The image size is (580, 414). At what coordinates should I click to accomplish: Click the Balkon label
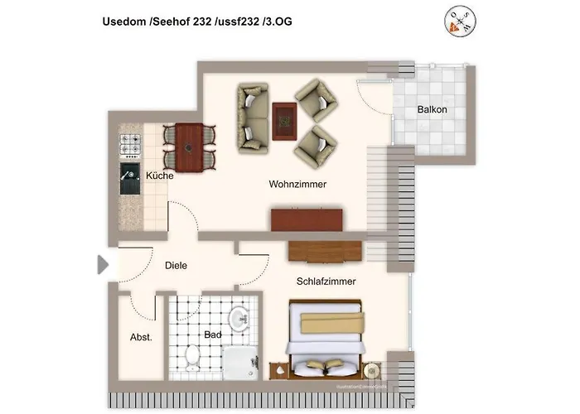432,109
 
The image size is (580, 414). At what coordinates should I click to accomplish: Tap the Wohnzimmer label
297,184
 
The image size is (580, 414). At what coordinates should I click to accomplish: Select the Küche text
159,176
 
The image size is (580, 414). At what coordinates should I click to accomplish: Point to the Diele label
176,266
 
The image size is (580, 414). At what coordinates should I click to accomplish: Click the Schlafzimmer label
326,282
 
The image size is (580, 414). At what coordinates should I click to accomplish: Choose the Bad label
213,335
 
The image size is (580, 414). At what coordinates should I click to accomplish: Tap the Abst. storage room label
141,337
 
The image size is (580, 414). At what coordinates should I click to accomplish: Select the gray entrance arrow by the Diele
103,265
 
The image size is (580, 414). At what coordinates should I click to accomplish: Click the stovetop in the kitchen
132,147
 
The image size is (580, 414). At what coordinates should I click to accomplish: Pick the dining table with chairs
190,146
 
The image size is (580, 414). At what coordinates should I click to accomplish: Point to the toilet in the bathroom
192,357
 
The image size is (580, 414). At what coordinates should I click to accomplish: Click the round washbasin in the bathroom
240,318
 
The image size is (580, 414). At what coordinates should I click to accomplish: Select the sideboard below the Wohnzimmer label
306,220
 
